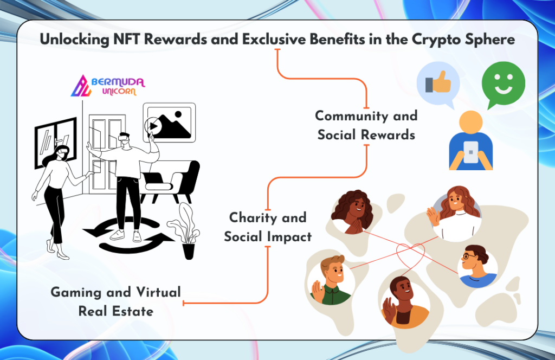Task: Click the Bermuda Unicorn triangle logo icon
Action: pos(81,86)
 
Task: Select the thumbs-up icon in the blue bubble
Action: pos(438,82)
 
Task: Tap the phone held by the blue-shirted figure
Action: pos(471,152)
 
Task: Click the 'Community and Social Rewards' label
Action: pos(366,125)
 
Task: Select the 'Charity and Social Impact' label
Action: pos(268,227)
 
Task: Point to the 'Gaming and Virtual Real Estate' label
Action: pos(116,301)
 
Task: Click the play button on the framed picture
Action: pos(153,126)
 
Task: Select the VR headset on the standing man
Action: pos(124,137)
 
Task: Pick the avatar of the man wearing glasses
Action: pos(477,266)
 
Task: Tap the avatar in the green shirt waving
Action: pos(331,280)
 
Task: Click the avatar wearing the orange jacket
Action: pos(404,302)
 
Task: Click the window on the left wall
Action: pos(56,142)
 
